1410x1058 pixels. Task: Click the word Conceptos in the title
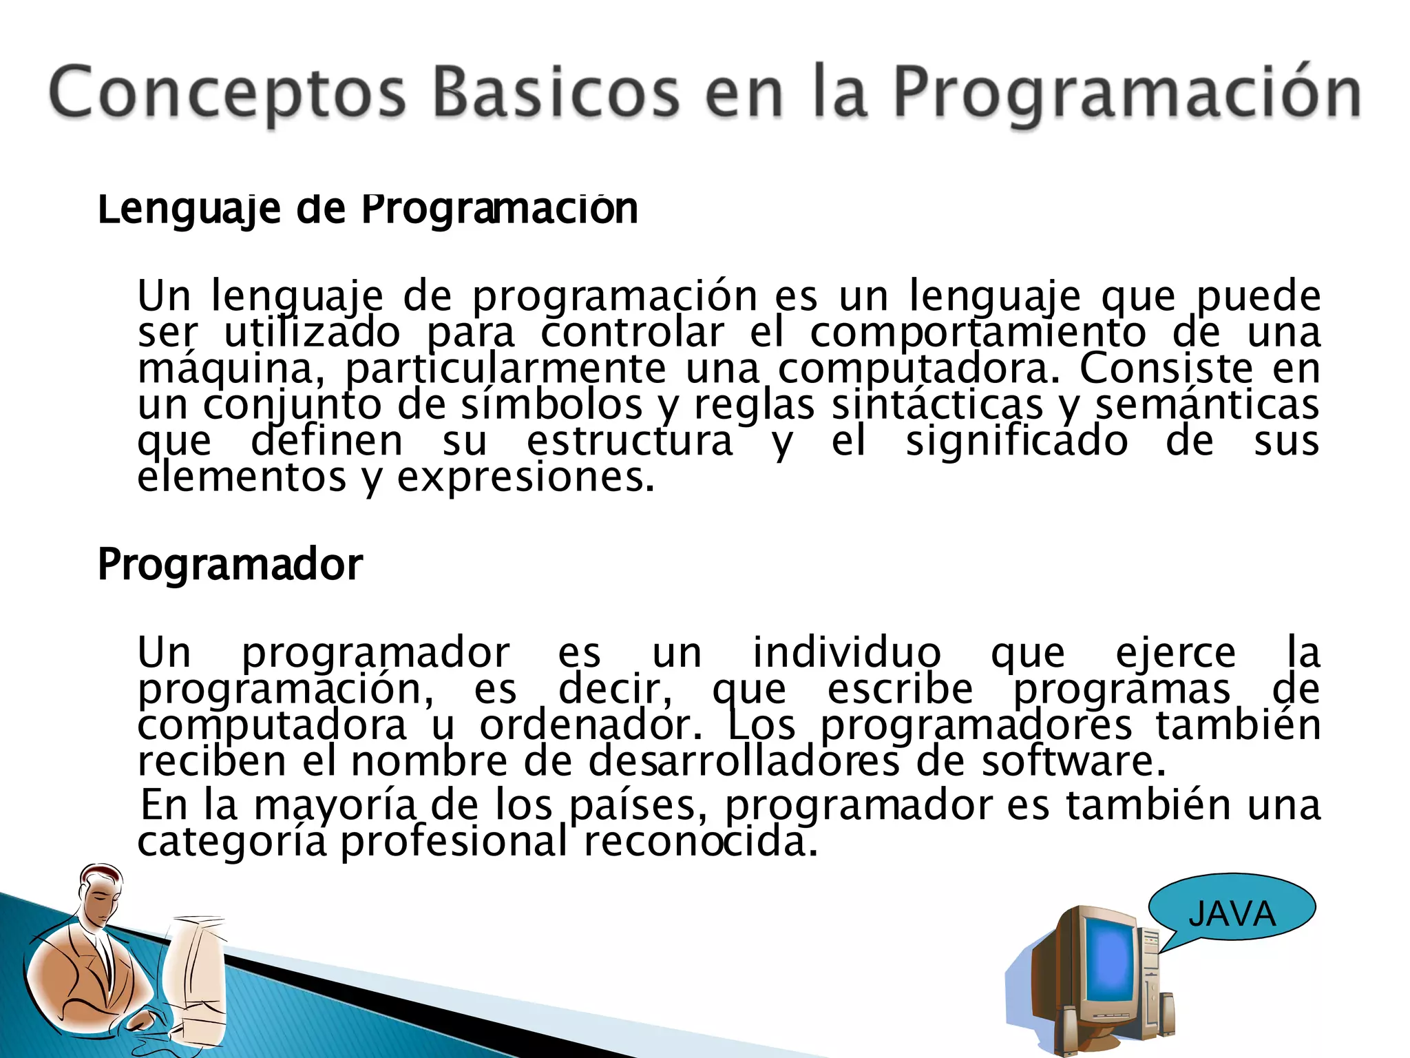[x=227, y=93]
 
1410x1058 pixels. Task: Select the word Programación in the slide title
[x=1126, y=93]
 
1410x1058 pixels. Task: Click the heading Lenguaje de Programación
[x=368, y=209]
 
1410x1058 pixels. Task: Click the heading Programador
[x=230, y=565]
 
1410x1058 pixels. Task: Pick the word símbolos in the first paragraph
[x=551, y=405]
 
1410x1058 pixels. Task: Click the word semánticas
[x=1208, y=405]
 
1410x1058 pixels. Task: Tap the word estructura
[x=630, y=442]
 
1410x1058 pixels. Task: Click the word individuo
[x=846, y=653]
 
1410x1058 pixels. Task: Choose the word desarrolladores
[x=744, y=761]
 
